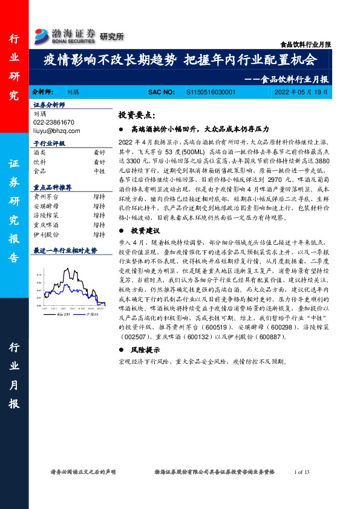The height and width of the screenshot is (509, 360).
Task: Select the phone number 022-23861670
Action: click(x=54, y=121)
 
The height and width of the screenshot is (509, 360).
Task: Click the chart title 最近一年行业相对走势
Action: click(x=65, y=250)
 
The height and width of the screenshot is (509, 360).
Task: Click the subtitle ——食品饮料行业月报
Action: click(x=292, y=79)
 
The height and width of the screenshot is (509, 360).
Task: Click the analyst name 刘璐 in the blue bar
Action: click(x=72, y=92)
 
